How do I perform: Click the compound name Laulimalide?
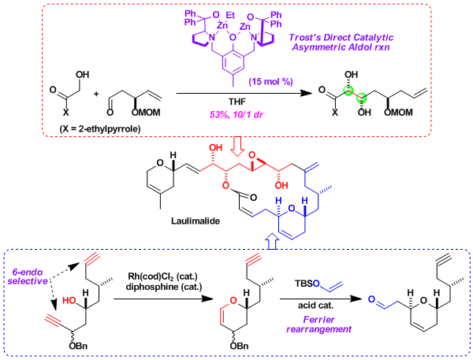pos(196,221)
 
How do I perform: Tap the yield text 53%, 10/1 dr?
pos(236,114)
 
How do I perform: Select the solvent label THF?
pos(237,102)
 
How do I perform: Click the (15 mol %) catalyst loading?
pos(270,81)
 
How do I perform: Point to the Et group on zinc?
pos(230,15)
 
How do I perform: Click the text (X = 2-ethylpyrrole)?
pos(100,129)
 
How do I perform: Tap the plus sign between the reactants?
pos(96,94)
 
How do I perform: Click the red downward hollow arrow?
pos(238,148)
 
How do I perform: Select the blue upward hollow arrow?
pos(271,241)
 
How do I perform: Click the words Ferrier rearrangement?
pos(318,324)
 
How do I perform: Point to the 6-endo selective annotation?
pos(28,276)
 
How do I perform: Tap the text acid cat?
pos(316,306)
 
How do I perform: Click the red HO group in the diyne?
pos(69,300)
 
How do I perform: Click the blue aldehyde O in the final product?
pos(371,299)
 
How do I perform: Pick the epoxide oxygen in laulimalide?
pos(253,155)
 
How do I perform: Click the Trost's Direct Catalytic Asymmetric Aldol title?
pos(341,43)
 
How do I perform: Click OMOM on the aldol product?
pos(398,113)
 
